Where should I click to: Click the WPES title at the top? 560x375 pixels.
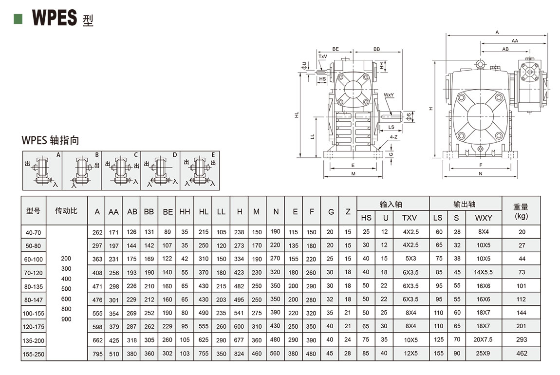(55, 19)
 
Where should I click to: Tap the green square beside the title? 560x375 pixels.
(19, 19)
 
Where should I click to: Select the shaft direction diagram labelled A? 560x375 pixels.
(42, 170)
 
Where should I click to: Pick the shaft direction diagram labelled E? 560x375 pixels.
(200, 170)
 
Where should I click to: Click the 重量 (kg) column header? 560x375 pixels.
(521, 211)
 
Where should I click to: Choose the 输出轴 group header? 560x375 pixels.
(465, 204)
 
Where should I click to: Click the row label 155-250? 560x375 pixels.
(34, 354)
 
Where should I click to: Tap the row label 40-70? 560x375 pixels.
(34, 232)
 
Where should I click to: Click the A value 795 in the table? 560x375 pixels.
(97, 354)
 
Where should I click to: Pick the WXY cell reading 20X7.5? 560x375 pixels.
(484, 340)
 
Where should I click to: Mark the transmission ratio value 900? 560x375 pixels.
(66, 319)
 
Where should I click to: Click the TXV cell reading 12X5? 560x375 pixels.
(410, 354)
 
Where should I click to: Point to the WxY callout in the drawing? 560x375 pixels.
(389, 94)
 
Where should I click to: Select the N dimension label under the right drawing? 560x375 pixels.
(480, 173)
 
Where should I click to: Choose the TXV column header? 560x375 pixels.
(410, 218)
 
